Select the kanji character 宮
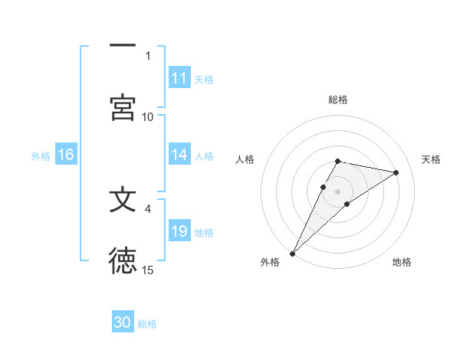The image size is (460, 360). [x=123, y=106]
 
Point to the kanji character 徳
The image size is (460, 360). [x=123, y=261]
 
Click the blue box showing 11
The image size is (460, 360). [x=179, y=78]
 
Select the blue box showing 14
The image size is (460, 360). [x=179, y=155]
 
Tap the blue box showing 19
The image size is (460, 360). [x=179, y=231]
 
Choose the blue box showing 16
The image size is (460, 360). [x=65, y=155]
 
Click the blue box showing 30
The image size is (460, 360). [x=123, y=322]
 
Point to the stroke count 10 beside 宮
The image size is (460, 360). [x=148, y=116]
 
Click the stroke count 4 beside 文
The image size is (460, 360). [x=148, y=208]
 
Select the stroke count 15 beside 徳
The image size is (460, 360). [x=148, y=270]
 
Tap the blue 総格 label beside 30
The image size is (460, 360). [x=147, y=324]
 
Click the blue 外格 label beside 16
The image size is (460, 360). [x=41, y=156]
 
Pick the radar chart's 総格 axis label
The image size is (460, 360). [x=338, y=100]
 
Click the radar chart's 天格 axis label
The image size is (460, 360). [x=432, y=159]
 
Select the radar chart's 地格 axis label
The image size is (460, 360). [x=402, y=262]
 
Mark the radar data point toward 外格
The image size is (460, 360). [x=292, y=253]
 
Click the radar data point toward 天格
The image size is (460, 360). [x=396, y=172]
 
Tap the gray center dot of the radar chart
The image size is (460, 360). [x=338, y=191]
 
